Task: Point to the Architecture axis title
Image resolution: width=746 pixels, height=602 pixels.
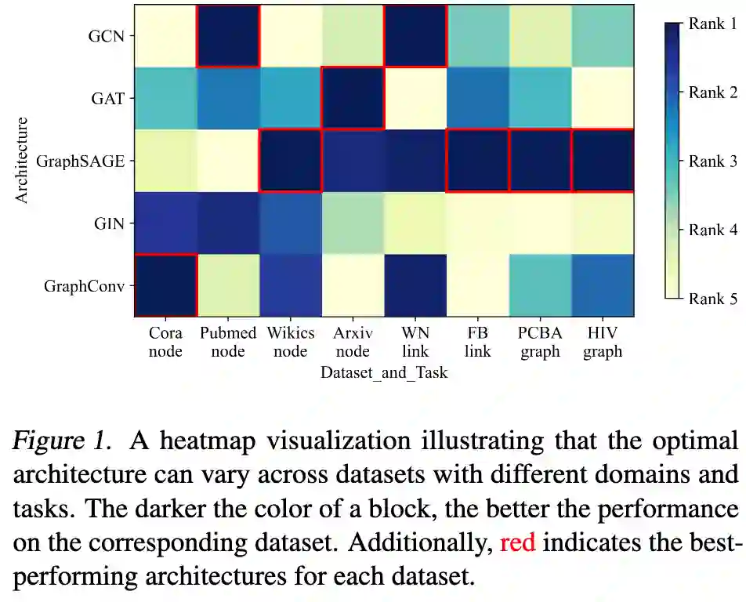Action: pyautogui.click(x=22, y=160)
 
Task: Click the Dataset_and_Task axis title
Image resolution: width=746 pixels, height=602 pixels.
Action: pyautogui.click(x=384, y=372)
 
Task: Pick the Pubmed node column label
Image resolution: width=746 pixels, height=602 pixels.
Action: pyautogui.click(x=228, y=342)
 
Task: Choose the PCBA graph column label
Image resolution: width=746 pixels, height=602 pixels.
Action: pyautogui.click(x=540, y=342)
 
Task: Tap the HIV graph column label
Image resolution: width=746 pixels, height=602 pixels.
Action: pyautogui.click(x=602, y=342)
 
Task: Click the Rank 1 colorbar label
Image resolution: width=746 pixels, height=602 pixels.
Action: pyautogui.click(x=712, y=24)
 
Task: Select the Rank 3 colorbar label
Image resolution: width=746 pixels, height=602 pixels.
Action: pyautogui.click(x=712, y=161)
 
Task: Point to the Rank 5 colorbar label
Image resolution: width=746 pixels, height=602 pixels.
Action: pyautogui.click(x=712, y=298)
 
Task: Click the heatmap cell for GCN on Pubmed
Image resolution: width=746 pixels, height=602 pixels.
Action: pyautogui.click(x=228, y=36)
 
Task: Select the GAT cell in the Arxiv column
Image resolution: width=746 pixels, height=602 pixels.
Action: pyautogui.click(x=353, y=98)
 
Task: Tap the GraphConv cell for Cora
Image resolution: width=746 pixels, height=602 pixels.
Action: pyautogui.click(x=165, y=285)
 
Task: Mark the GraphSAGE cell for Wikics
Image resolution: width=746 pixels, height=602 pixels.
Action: pyautogui.click(x=290, y=161)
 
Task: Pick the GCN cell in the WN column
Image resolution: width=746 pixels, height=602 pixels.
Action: pyautogui.click(x=415, y=36)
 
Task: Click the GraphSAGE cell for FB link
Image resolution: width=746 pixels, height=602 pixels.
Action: pyautogui.click(x=477, y=161)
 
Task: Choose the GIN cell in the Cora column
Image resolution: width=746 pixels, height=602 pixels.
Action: pyautogui.click(x=165, y=223)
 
